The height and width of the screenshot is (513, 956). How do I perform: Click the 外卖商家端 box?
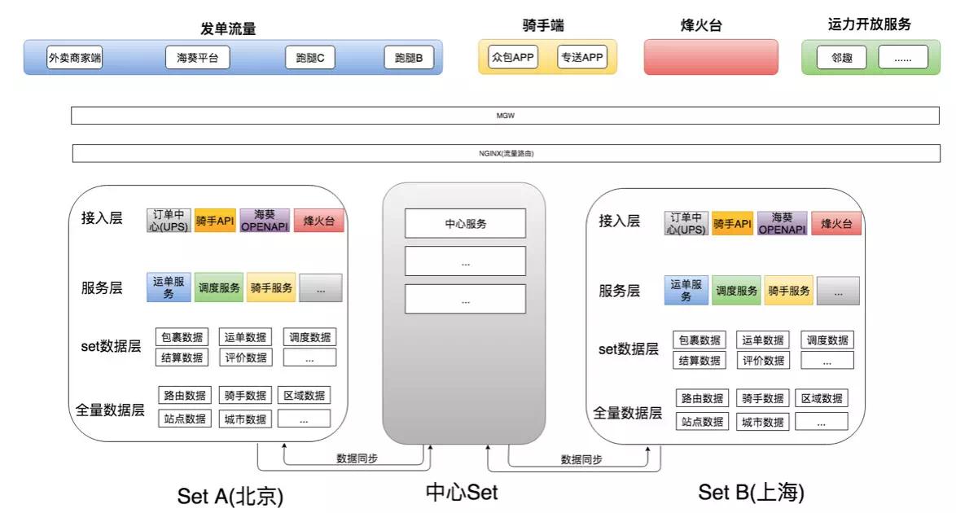[x=75, y=58]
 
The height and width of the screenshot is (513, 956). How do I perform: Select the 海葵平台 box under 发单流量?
[x=197, y=58]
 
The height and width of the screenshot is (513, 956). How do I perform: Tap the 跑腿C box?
[x=310, y=58]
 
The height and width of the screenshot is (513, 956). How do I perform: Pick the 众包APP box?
[x=513, y=57]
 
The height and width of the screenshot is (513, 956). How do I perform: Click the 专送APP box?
[x=581, y=57]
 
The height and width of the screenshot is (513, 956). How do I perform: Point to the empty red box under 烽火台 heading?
[x=711, y=57]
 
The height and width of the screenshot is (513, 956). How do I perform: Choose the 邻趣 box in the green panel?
[x=841, y=57]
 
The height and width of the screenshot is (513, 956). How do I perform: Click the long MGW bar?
[x=506, y=116]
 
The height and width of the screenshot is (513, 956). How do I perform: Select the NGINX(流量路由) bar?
[x=506, y=153]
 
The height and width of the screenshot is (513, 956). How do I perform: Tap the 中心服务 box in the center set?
[x=466, y=223]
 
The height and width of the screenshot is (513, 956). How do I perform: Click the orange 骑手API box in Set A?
[x=215, y=221]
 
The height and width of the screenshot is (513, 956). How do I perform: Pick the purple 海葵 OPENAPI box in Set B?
[x=782, y=223]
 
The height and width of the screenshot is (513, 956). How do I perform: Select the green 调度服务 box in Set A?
[x=219, y=287]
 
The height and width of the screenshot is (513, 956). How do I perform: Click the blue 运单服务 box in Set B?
[x=686, y=291]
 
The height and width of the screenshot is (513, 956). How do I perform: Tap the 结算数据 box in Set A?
[x=182, y=357]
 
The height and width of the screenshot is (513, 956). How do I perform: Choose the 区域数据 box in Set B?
[x=822, y=398]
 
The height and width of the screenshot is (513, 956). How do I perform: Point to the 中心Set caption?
[x=462, y=492]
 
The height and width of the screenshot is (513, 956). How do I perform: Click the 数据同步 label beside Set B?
[x=581, y=460]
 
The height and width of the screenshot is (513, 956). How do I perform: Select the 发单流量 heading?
[x=229, y=28]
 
